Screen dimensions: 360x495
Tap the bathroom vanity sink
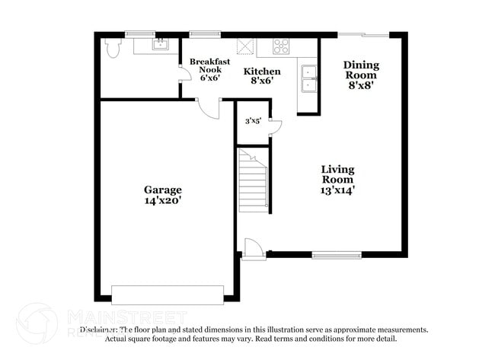pyautogui.click(x=160, y=44)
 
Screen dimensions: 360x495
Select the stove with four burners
pyautogui.click(x=281, y=46)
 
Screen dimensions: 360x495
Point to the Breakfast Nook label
pyautogui.click(x=205, y=66)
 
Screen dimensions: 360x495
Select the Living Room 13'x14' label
pyautogui.click(x=337, y=180)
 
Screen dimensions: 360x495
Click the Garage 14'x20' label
pyautogui.click(x=163, y=195)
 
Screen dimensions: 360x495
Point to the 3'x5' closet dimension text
pyautogui.click(x=252, y=121)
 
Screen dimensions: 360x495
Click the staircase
pyautogui.click(x=254, y=180)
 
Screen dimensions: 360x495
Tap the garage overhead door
pyautogui.click(x=168, y=295)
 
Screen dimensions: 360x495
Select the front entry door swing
pyautogui.click(x=252, y=248)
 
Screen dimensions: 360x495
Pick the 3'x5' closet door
pyautogui.click(x=275, y=127)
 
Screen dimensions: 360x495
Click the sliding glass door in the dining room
pyautogui.click(x=363, y=34)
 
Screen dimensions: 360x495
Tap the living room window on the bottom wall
pyautogui.click(x=337, y=255)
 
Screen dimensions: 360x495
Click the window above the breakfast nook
pyautogui.click(x=205, y=33)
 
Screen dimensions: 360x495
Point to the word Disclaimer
pyautogui.click(x=99, y=330)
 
